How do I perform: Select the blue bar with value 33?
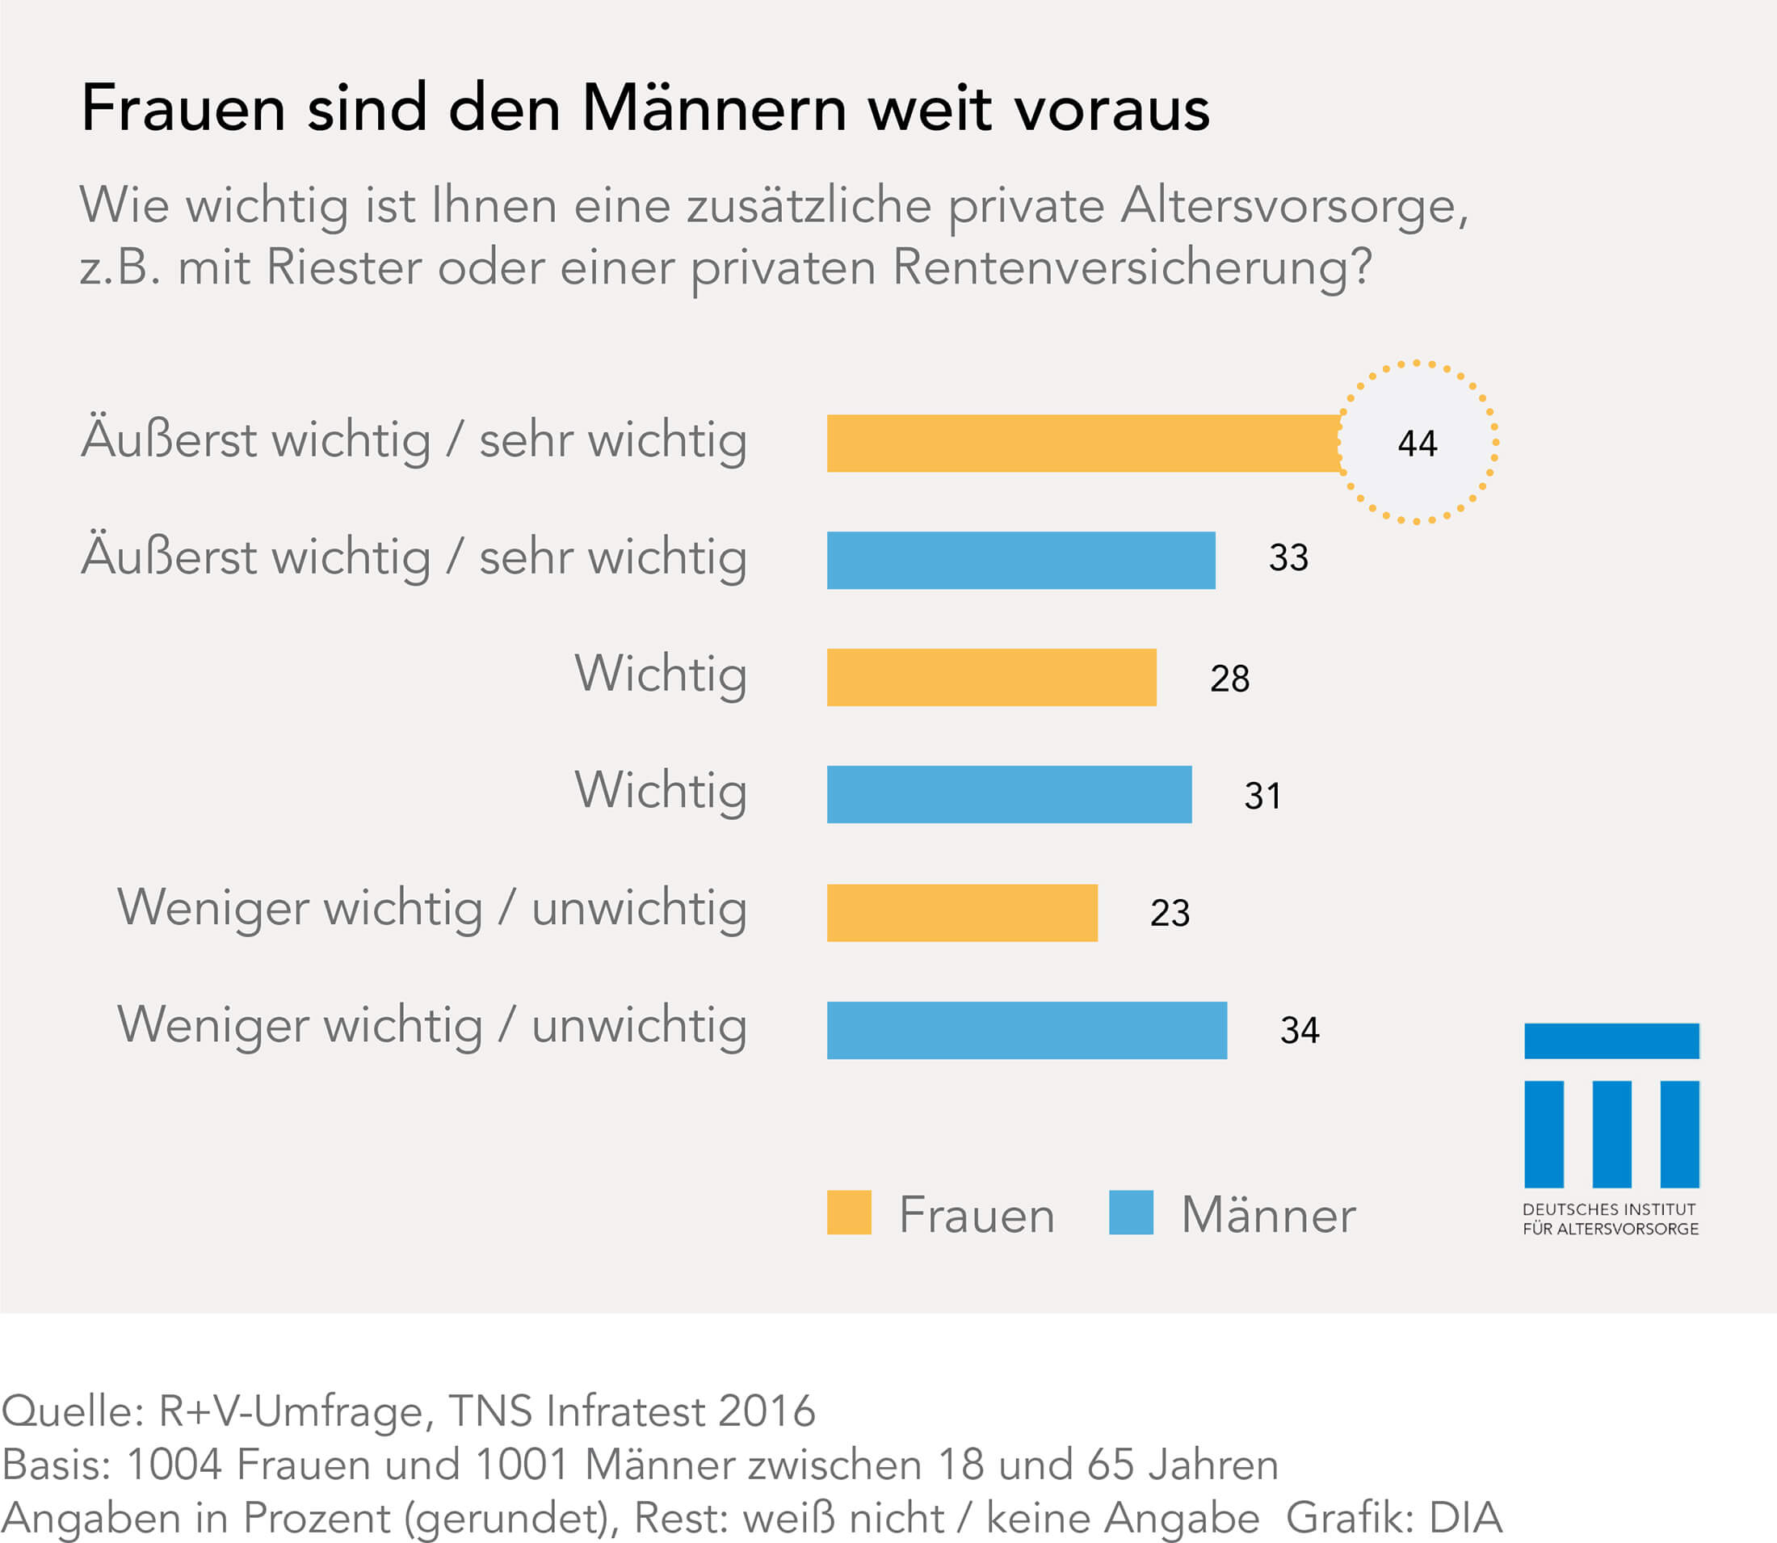[1021, 561]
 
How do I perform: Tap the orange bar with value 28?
[991, 678]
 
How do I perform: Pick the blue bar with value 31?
[1009, 795]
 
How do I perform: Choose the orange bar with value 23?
[962, 913]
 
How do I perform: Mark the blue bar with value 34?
[1027, 1030]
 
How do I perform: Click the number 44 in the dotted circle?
[1417, 444]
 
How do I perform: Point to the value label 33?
[1288, 558]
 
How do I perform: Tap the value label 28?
[1229, 679]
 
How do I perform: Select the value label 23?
[1169, 913]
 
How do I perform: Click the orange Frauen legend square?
[849, 1213]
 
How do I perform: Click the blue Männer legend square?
[1131, 1213]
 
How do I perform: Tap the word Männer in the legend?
[1268, 1215]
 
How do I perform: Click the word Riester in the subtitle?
[343, 267]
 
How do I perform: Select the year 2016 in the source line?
[767, 1411]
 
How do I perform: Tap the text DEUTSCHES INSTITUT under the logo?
[1609, 1210]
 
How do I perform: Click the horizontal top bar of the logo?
[1611, 1041]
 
